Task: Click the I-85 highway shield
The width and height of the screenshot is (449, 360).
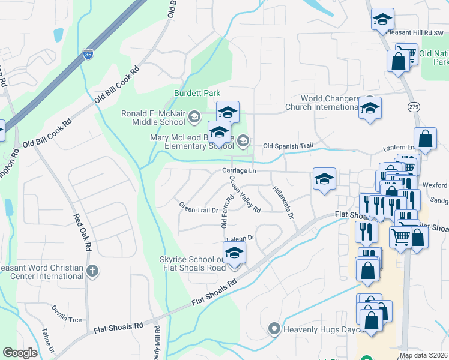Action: (x=89, y=54)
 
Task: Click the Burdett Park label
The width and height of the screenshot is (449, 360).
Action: (x=197, y=93)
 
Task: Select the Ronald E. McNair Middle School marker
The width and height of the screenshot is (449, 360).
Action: (x=194, y=116)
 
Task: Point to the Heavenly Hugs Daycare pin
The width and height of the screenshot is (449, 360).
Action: (x=274, y=329)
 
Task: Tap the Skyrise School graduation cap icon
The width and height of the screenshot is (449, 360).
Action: (x=234, y=253)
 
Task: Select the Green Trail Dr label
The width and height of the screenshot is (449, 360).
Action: (x=199, y=207)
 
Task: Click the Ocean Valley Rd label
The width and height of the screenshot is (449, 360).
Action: (x=244, y=197)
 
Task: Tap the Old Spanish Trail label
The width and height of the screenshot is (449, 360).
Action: (x=288, y=146)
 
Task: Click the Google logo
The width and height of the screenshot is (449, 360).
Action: (x=20, y=353)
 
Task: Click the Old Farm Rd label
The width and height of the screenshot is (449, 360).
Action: (x=226, y=211)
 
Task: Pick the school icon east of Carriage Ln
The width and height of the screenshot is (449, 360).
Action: (x=324, y=179)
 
